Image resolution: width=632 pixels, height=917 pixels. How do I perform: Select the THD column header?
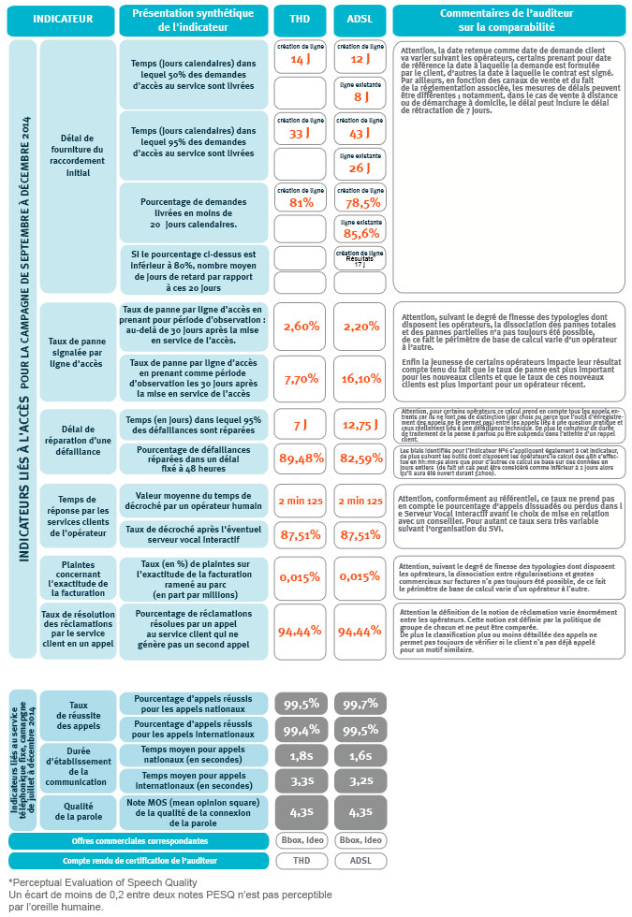click(x=299, y=18)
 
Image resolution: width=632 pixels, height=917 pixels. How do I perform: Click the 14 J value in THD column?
click(x=299, y=58)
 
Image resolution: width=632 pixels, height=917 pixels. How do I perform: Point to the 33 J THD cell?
click(x=299, y=133)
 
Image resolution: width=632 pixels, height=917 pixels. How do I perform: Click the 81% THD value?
click(x=299, y=201)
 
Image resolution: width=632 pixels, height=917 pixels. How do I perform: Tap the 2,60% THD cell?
click(x=299, y=326)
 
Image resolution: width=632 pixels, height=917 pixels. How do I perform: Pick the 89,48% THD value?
click(x=299, y=458)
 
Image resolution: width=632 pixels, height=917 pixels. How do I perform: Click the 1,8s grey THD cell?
click(x=299, y=755)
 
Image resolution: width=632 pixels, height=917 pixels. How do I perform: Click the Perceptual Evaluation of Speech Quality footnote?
click(x=103, y=882)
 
